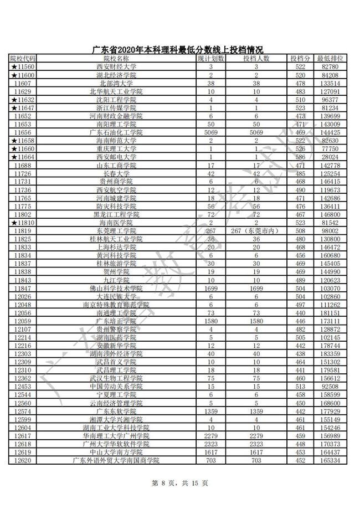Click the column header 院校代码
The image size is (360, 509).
pyautogui.click(x=23, y=58)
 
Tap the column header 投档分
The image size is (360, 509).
pyautogui.click(x=300, y=58)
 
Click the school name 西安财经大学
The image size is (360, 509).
pyautogui.click(x=116, y=66)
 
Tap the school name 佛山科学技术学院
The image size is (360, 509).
pyautogui.click(x=116, y=289)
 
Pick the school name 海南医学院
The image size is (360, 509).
pyautogui.click(x=116, y=223)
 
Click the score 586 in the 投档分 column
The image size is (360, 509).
pyautogui.click(x=300, y=157)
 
